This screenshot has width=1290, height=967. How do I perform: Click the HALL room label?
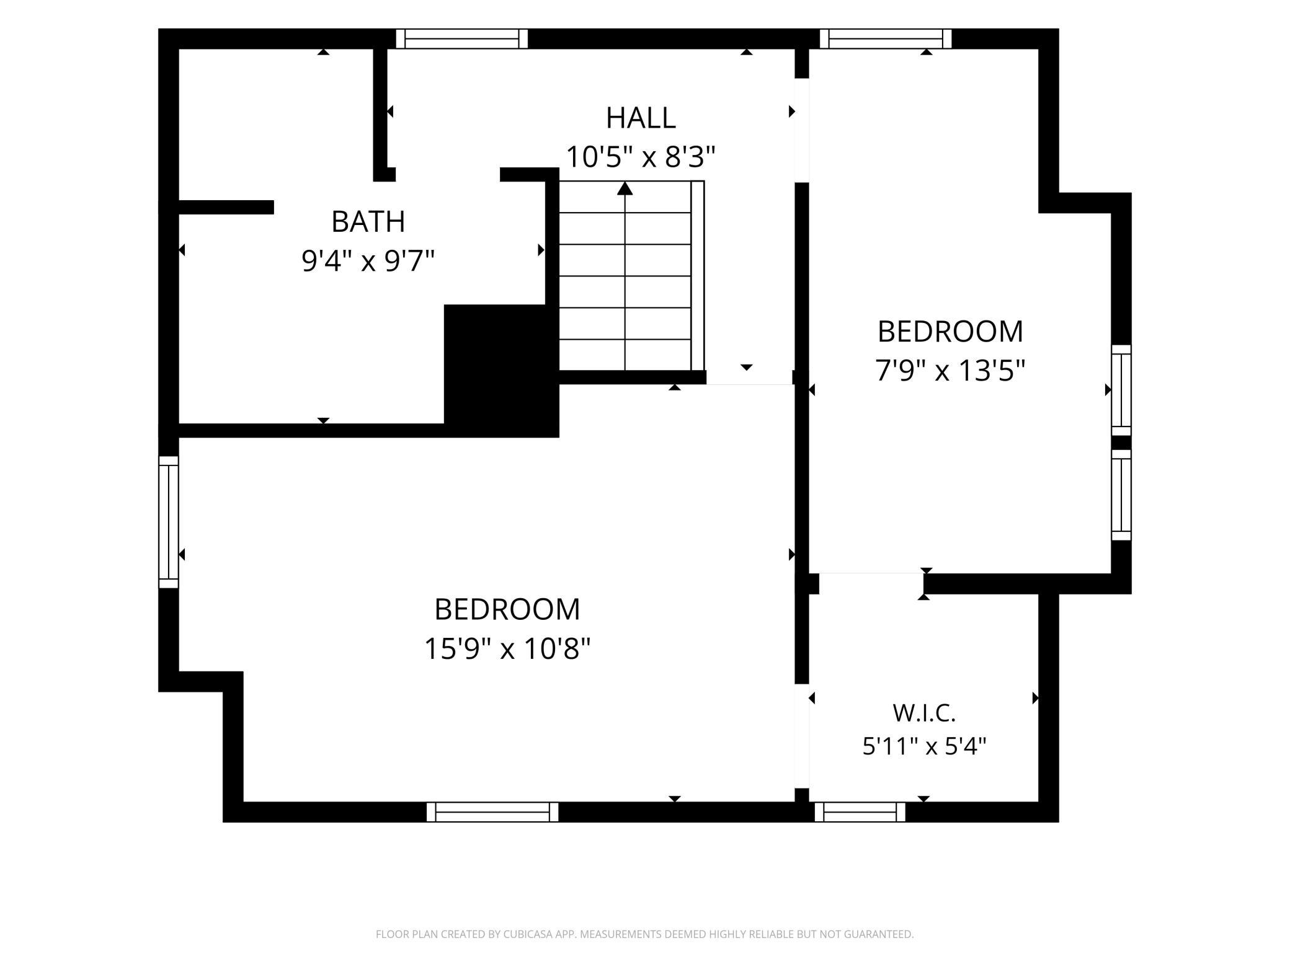pos(641,118)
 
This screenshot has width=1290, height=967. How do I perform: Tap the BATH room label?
pos(368,222)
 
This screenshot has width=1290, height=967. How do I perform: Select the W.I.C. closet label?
pos(924,713)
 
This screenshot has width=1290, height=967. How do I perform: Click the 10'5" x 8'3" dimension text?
pos(641,157)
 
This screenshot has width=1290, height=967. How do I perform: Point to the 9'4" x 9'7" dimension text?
pos(368,260)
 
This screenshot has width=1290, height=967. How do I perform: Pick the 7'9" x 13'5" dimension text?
pos(950,371)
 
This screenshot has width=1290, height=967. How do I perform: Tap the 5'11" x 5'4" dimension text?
pos(924,746)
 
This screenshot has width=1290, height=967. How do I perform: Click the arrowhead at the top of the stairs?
pos(625,188)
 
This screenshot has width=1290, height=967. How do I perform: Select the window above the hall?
pos(462,38)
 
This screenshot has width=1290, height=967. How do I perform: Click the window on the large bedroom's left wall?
pos(169,522)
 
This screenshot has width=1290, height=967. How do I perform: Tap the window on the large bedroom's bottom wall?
pos(492,812)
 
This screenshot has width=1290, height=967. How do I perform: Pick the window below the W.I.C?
pos(860,812)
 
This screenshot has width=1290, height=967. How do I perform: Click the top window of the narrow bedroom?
pos(886,38)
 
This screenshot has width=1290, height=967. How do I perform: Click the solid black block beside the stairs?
pos(502,371)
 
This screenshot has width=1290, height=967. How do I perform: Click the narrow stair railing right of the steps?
pos(698,276)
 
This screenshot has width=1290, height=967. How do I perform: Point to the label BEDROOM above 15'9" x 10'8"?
pos(507,609)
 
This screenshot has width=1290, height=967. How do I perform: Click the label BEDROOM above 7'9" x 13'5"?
pos(950,332)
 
